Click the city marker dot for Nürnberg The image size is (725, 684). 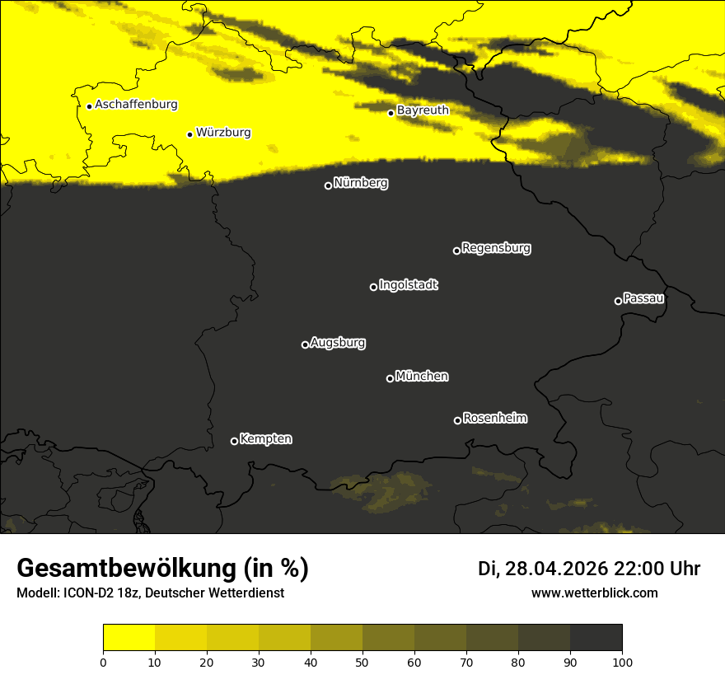tap(328, 185)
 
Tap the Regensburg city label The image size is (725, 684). tap(496, 248)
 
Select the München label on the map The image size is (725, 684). tap(422, 377)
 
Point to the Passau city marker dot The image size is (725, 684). tap(618, 301)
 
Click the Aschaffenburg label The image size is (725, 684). tap(136, 105)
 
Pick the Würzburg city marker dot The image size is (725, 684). tap(189, 134)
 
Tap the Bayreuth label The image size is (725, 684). tap(423, 110)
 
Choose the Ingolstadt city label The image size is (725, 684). tap(408, 285)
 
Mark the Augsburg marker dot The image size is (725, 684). tap(305, 344)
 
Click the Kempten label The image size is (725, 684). tap(265, 439)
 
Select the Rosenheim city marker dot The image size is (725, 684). tap(457, 420)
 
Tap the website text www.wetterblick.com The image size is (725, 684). tap(594, 593)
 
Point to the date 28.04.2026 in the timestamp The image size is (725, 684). tap(556, 569)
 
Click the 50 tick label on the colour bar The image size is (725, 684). tap(362, 662)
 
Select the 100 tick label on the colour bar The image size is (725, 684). tap(622, 662)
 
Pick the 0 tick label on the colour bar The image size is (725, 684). tap(103, 662)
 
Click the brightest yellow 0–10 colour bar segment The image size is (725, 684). tap(129, 638)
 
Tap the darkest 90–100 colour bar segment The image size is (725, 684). tap(596, 638)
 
